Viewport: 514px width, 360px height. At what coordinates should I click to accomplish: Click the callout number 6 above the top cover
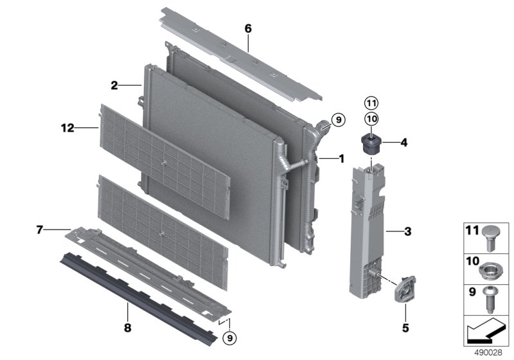pyautogui.click(x=248, y=29)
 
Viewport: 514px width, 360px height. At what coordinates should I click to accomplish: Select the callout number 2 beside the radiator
pyautogui.click(x=114, y=85)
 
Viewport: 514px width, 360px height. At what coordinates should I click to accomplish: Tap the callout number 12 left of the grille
pyautogui.click(x=68, y=128)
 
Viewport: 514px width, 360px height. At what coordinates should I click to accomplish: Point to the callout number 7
pyautogui.click(x=40, y=230)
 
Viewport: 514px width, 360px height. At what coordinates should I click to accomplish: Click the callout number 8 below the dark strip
pyautogui.click(x=127, y=327)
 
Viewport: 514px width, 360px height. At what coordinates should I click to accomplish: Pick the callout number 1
pyautogui.click(x=342, y=159)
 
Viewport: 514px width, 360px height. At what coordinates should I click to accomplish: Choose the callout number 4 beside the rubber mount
pyautogui.click(x=404, y=143)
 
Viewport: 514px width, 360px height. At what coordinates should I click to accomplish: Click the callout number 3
pyautogui.click(x=408, y=232)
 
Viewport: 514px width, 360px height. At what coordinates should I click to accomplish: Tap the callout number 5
pyautogui.click(x=405, y=328)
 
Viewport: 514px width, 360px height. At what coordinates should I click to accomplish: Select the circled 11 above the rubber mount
pyautogui.click(x=371, y=104)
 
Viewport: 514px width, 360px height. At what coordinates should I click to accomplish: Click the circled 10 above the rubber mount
pyautogui.click(x=371, y=119)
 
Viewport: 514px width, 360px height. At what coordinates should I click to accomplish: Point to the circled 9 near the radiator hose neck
pyautogui.click(x=339, y=120)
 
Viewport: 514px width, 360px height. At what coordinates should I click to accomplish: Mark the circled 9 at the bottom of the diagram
pyautogui.click(x=229, y=337)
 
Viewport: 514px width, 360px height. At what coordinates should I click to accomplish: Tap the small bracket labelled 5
pyautogui.click(x=405, y=289)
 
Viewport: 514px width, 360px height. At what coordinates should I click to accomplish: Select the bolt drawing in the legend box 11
pyautogui.click(x=490, y=238)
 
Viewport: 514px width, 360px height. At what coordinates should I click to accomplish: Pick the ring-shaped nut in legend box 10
pyautogui.click(x=490, y=271)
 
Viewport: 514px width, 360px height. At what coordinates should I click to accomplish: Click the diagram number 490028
pyautogui.click(x=488, y=353)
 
